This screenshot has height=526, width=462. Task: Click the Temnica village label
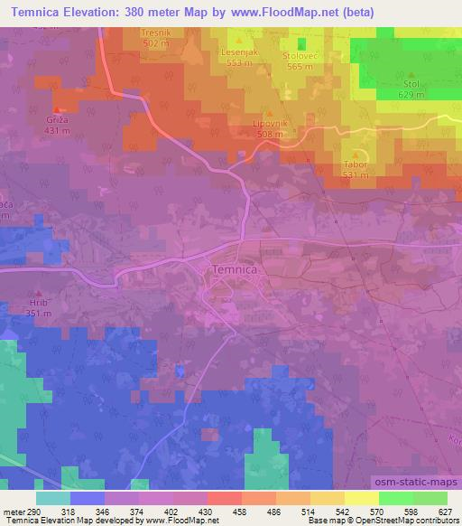(236, 269)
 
